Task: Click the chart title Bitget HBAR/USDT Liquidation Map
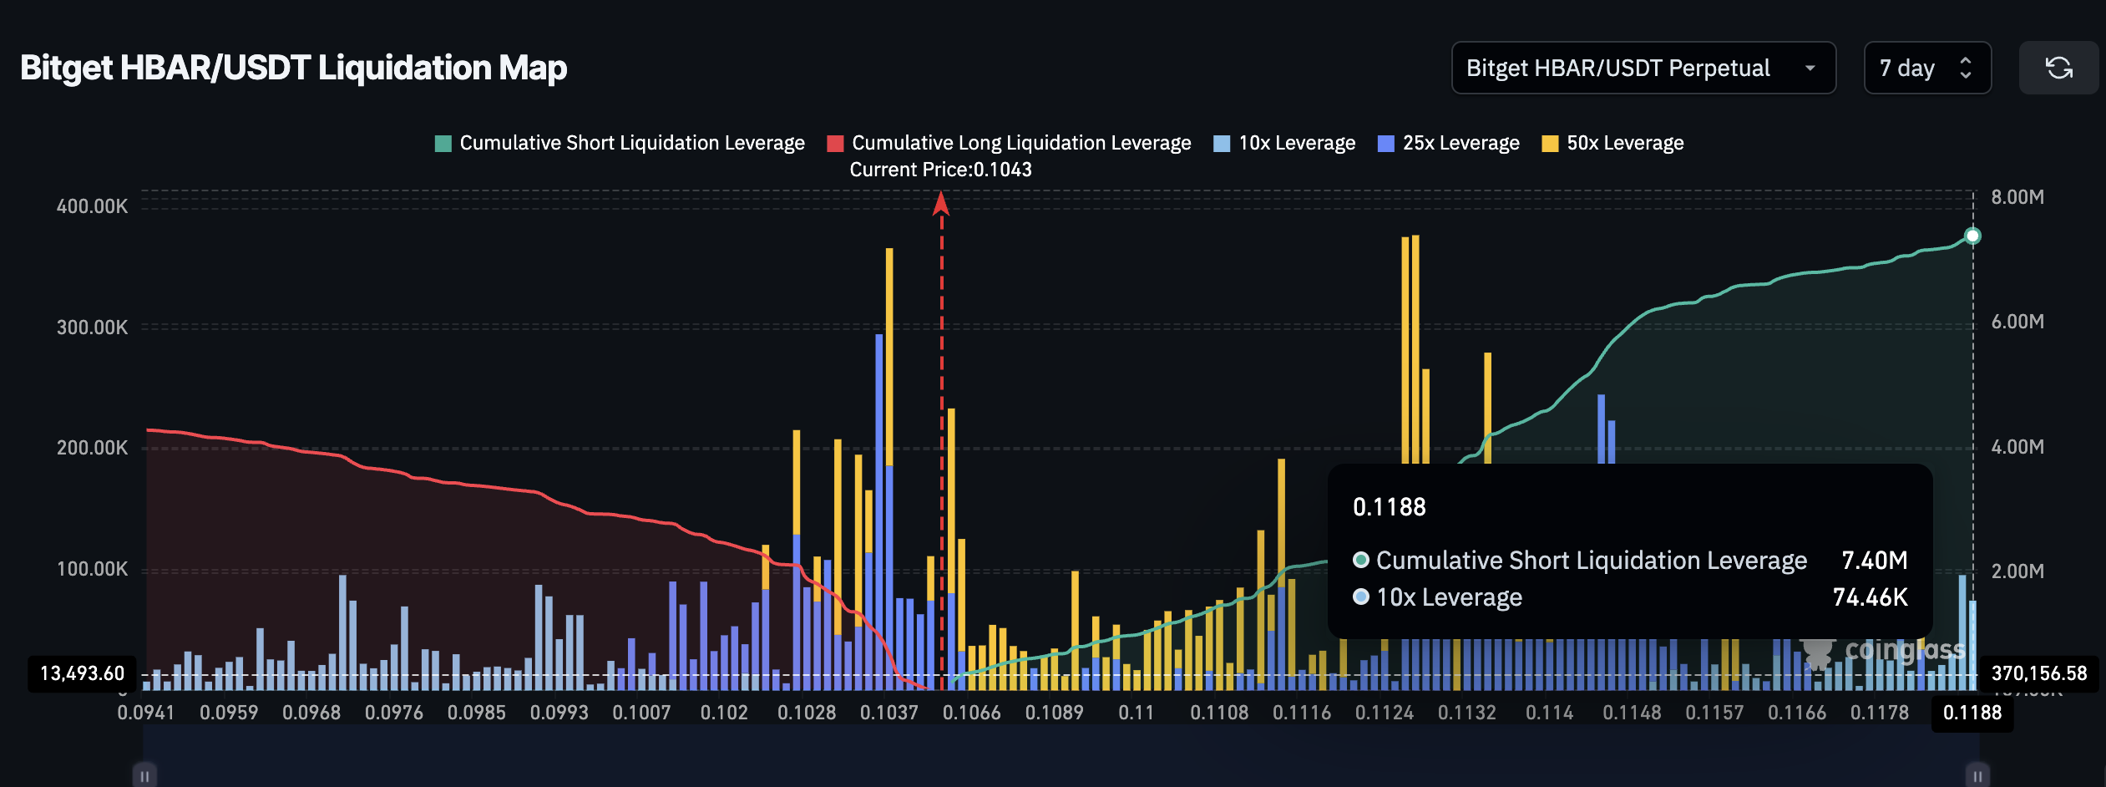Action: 293,68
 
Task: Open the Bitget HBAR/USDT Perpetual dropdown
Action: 1643,68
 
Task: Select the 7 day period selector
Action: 1926,68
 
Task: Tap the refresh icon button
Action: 2058,68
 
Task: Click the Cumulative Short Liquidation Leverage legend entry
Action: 620,143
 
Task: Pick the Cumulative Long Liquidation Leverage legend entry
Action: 1009,143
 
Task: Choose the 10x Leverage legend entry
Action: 1284,143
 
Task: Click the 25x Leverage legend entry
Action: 1449,143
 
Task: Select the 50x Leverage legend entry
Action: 1612,143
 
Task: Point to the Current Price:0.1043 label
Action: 940,170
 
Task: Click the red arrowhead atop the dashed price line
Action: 941,203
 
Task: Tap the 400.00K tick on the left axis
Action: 92,206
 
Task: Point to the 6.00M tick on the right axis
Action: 2017,322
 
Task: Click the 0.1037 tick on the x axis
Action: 888,713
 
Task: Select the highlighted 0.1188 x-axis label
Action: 1972,713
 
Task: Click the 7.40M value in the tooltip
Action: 1874,560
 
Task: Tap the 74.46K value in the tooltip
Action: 1870,597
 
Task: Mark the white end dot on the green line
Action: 1972,236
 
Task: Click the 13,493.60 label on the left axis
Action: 82,673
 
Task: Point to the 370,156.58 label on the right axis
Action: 2038,673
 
